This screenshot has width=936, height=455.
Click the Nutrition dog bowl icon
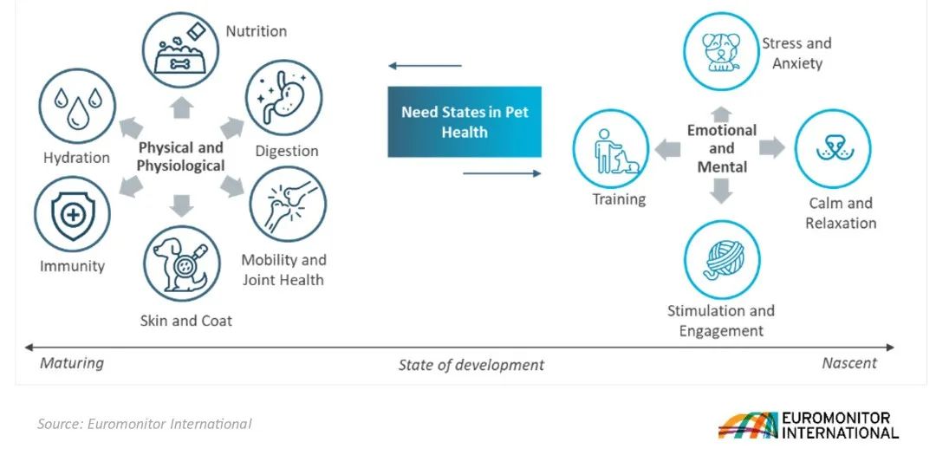(180, 51)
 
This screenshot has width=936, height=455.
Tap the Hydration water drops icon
(78, 107)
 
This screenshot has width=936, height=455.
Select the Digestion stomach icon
(284, 97)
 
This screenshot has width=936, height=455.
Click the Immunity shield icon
(72, 214)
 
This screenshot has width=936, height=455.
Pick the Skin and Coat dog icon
(181, 263)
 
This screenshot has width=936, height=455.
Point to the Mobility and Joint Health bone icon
(288, 204)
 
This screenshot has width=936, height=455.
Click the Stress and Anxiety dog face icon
(721, 51)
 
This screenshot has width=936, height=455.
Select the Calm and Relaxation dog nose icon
(834, 149)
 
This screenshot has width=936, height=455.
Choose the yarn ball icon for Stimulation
(722, 259)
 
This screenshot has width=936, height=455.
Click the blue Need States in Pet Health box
(465, 122)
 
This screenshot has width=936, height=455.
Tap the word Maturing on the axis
(72, 363)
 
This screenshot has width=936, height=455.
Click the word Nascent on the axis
(849, 363)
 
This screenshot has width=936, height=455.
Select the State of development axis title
(471, 365)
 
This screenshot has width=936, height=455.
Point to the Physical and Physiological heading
(181, 157)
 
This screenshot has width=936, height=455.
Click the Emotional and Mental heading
(722, 148)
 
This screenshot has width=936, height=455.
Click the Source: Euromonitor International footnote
(145, 424)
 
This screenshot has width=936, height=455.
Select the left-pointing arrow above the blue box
(425, 66)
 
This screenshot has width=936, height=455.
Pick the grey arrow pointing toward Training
(667, 149)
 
